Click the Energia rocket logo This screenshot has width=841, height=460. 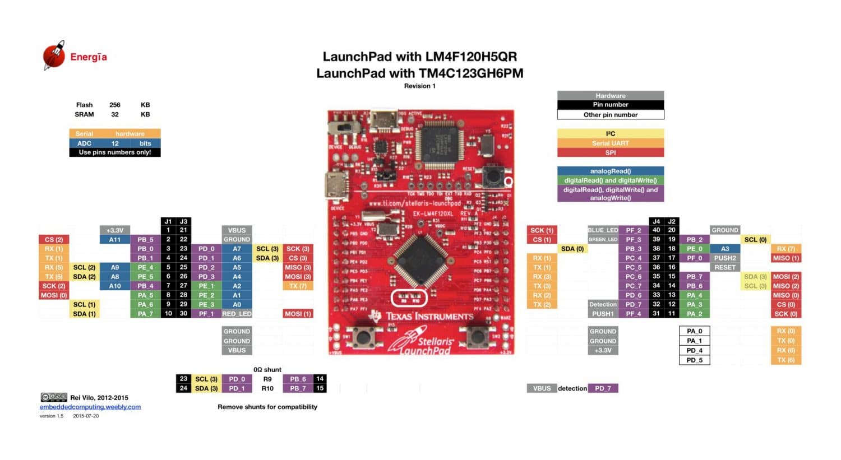pyautogui.click(x=54, y=55)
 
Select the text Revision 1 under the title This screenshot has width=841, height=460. pyautogui.click(x=419, y=86)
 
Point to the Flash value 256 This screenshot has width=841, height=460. pyautogui.click(x=115, y=105)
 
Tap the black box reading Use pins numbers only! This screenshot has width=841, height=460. pyautogui.click(x=115, y=152)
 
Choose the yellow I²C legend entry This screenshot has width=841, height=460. pyautogui.click(x=611, y=134)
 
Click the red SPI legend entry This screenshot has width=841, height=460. pyautogui.click(x=611, y=152)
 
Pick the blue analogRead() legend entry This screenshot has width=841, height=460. pyautogui.click(x=611, y=171)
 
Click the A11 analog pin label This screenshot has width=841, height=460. pyautogui.click(x=115, y=239)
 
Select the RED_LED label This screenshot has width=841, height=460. pyautogui.click(x=237, y=314)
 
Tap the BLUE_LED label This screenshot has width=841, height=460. pyautogui.click(x=603, y=230)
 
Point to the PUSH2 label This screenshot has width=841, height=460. pyautogui.click(x=725, y=258)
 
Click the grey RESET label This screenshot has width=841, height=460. pyautogui.click(x=725, y=267)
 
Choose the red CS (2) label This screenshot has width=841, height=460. pyautogui.click(x=54, y=239)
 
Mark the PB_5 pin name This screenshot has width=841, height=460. pyautogui.click(x=145, y=239)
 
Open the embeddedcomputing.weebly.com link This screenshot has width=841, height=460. pyautogui.click(x=90, y=407)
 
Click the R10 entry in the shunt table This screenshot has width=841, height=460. pyautogui.click(x=267, y=388)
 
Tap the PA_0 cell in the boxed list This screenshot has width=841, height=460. pyautogui.click(x=694, y=331)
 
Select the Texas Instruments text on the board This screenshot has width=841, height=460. pyautogui.click(x=429, y=317)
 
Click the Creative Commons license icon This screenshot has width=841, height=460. pyautogui.click(x=54, y=397)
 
